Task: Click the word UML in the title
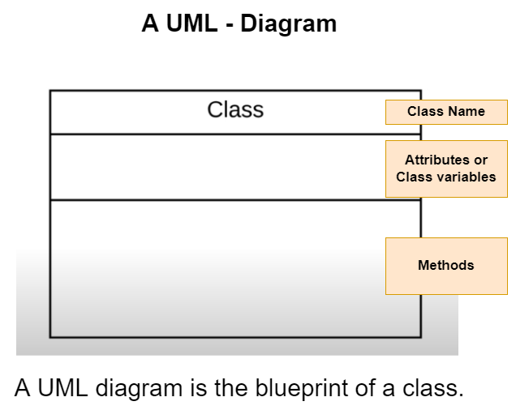tap(191, 23)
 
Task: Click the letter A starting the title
tap(150, 23)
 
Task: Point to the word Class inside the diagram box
tap(235, 109)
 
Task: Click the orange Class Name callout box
tap(446, 112)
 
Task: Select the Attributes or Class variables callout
tap(446, 169)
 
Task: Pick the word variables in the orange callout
tap(469, 177)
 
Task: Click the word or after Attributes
tap(481, 160)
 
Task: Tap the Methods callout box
tap(446, 266)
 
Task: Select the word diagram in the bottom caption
tap(139, 389)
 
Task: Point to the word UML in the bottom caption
tap(62, 387)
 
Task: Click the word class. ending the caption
tap(432, 388)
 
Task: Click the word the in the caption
tap(231, 387)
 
